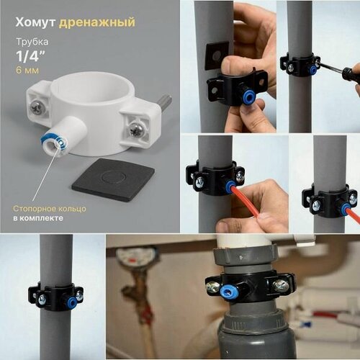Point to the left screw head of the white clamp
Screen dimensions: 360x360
36,107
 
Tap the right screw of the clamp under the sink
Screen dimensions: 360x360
278,286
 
